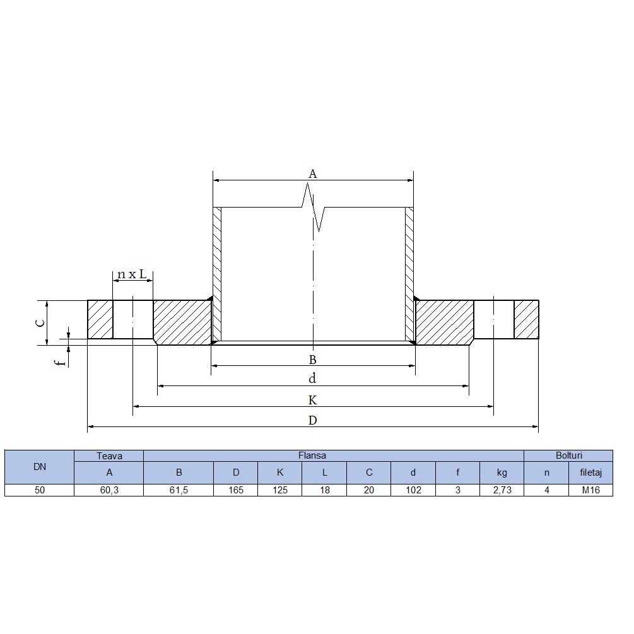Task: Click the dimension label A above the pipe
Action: (x=312, y=173)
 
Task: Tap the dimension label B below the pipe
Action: (x=312, y=360)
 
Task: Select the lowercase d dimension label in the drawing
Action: (x=312, y=379)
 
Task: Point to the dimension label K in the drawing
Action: (x=312, y=401)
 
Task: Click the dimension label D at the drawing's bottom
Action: (x=312, y=421)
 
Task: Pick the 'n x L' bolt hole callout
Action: (x=132, y=274)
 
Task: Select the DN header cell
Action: (x=39, y=467)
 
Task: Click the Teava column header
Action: (x=109, y=455)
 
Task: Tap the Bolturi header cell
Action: (x=568, y=455)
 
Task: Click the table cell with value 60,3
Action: (x=109, y=490)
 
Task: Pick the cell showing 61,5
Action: (x=179, y=490)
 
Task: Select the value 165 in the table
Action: (x=236, y=490)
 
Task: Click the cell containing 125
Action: (x=280, y=490)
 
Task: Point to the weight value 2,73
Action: (x=502, y=490)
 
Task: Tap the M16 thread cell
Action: (x=591, y=490)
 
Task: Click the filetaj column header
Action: (x=591, y=473)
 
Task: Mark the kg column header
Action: (x=502, y=473)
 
